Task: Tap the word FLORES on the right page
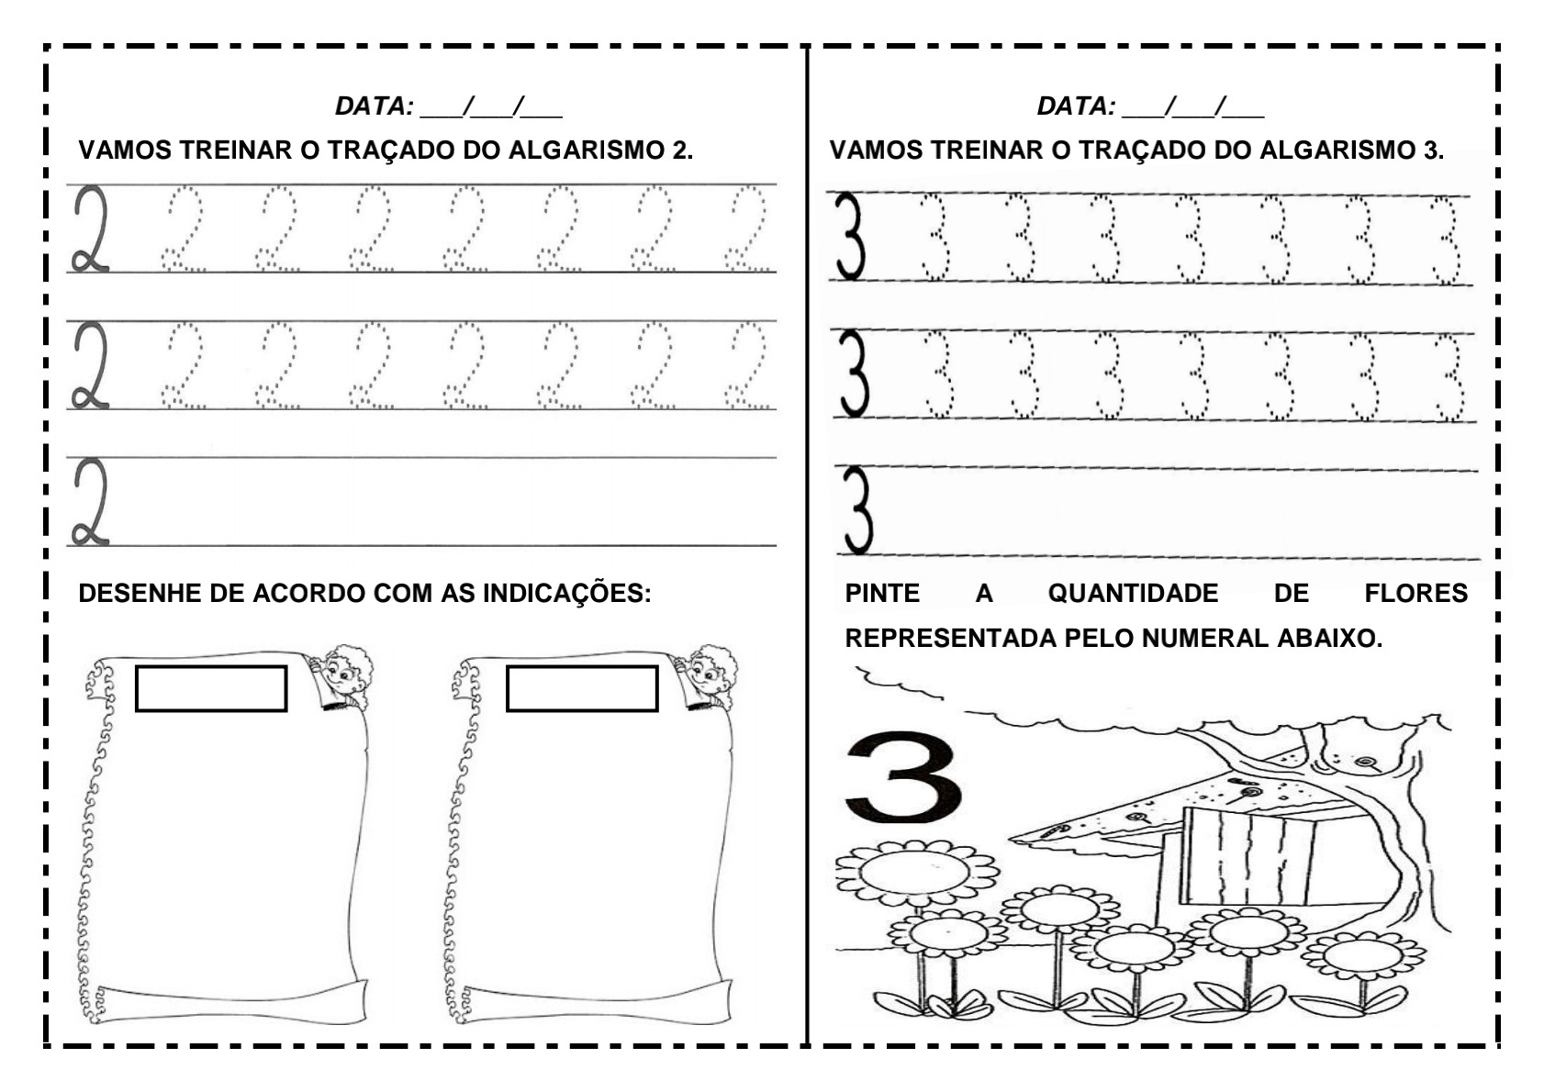pyautogui.click(x=1415, y=594)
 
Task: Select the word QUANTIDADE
pyautogui.click(x=1133, y=594)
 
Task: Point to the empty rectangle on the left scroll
pyautogui.click(x=211, y=688)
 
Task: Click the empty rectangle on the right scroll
pyautogui.click(x=582, y=688)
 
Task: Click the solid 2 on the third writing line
pyautogui.click(x=90, y=503)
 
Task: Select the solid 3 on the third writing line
pyautogui.click(x=856, y=511)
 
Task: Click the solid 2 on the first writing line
pyautogui.click(x=90, y=229)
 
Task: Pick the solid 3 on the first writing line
pyautogui.click(x=850, y=237)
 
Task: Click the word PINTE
pyautogui.click(x=882, y=594)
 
